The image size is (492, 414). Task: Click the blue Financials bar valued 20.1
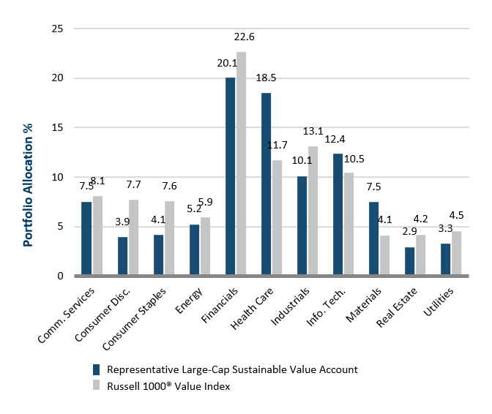(230, 176)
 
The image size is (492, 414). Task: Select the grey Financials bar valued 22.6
(241, 164)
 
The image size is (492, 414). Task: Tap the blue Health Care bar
(266, 184)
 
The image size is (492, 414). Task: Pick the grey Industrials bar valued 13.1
(313, 211)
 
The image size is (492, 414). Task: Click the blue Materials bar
(373, 238)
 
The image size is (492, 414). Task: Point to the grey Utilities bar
(456, 253)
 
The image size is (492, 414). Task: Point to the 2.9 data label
(409, 232)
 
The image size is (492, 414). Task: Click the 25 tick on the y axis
(58, 29)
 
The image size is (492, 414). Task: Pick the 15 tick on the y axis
(58, 127)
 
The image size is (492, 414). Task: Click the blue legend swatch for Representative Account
(97, 369)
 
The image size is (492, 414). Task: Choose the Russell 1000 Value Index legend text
(168, 386)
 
